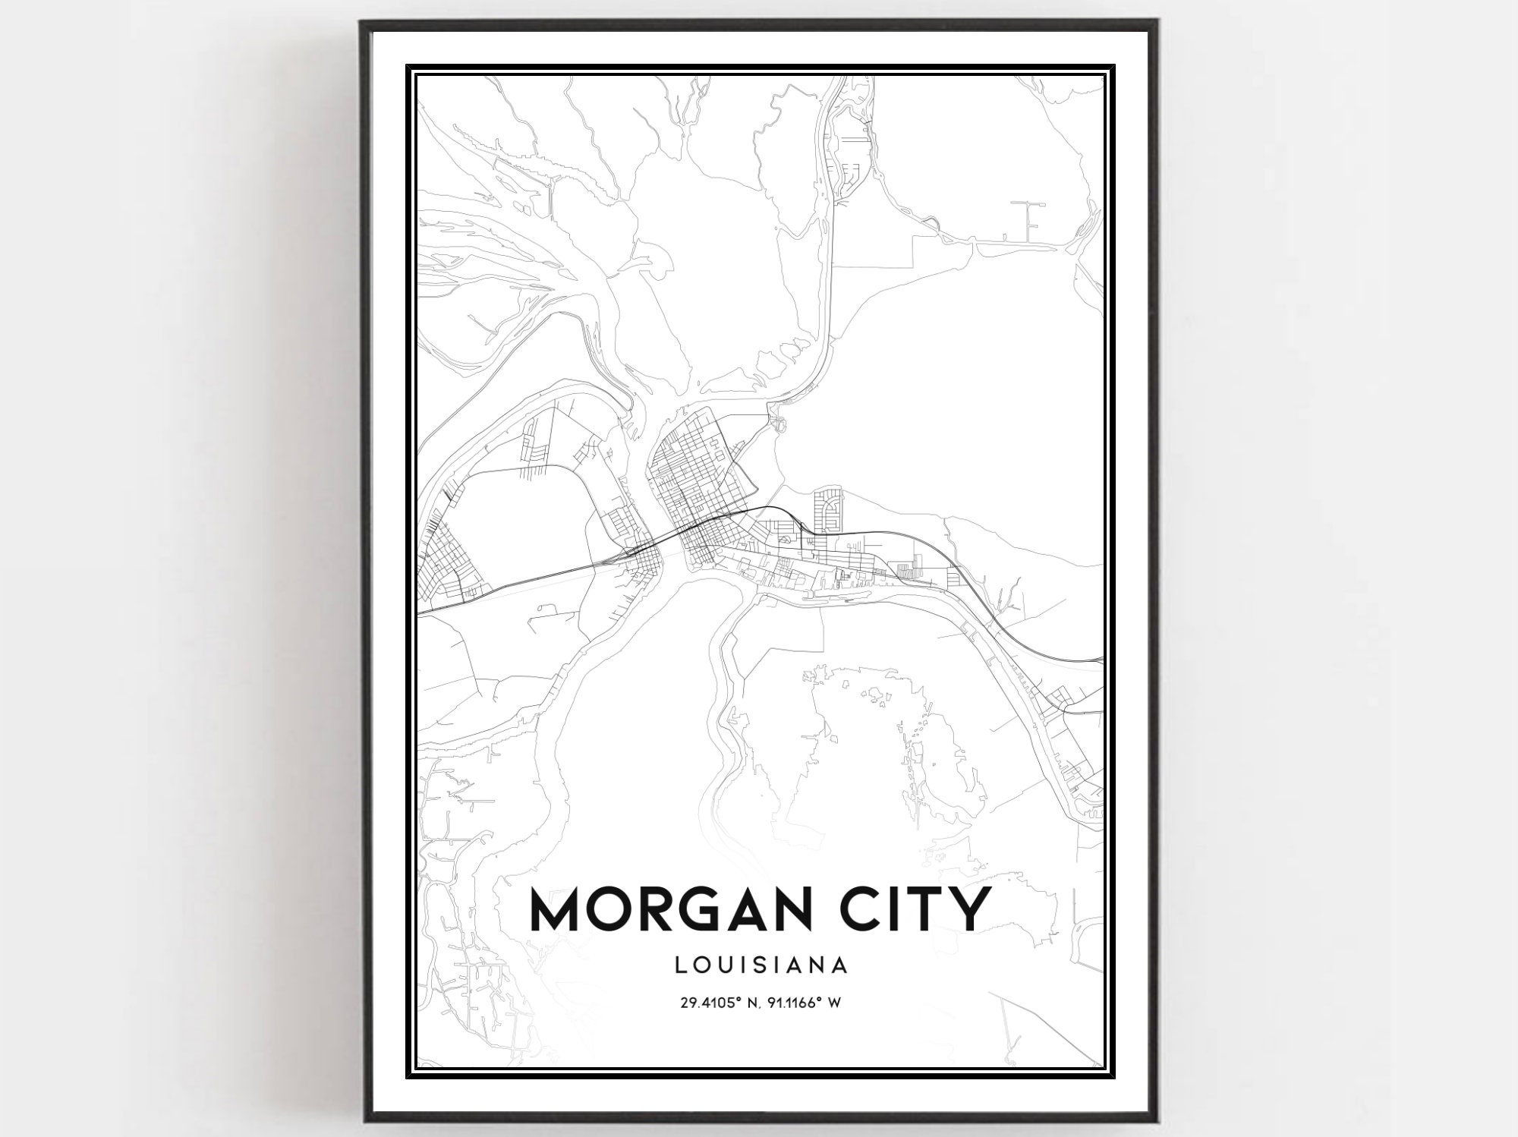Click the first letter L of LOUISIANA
(x=678, y=965)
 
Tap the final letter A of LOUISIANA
(x=839, y=965)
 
